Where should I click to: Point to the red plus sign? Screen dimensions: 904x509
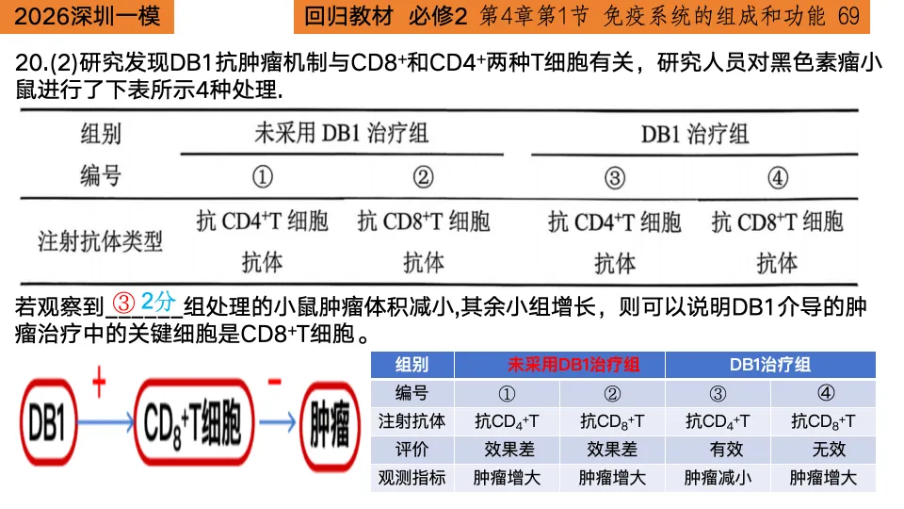pos(97,384)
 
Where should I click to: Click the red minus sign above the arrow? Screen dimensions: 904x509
pos(274,383)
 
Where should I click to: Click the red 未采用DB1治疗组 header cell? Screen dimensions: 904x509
pos(559,365)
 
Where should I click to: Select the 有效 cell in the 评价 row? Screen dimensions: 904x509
pos(718,450)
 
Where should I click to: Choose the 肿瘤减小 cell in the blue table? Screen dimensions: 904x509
pos(718,478)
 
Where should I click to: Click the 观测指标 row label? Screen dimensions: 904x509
pos(412,478)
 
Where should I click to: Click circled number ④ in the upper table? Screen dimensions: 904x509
pos(777,176)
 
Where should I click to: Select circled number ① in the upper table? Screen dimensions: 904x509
pos(263,176)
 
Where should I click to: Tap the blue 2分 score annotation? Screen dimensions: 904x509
pos(159,304)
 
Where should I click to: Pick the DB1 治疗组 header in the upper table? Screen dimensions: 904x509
pos(695,133)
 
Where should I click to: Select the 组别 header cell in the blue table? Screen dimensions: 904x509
pos(412,365)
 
